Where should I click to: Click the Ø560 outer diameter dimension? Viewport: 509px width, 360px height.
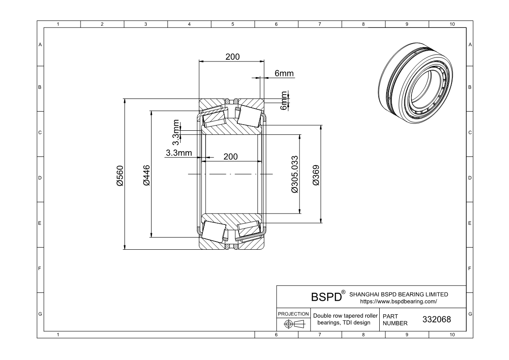[x=120, y=176]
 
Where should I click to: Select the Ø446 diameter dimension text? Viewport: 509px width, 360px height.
[x=146, y=176]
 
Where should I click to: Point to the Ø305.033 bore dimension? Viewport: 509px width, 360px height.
[x=295, y=174]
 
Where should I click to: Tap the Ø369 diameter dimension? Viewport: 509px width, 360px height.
[x=316, y=176]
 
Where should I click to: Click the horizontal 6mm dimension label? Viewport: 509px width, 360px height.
[x=284, y=73]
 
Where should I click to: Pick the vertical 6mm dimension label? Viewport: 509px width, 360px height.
[x=284, y=101]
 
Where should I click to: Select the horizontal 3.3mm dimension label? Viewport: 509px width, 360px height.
[x=179, y=153]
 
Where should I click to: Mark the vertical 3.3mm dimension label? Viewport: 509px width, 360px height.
[x=175, y=132]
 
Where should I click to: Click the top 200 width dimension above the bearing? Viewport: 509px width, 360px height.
[x=233, y=57]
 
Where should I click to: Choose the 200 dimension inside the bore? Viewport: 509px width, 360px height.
[x=230, y=156]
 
